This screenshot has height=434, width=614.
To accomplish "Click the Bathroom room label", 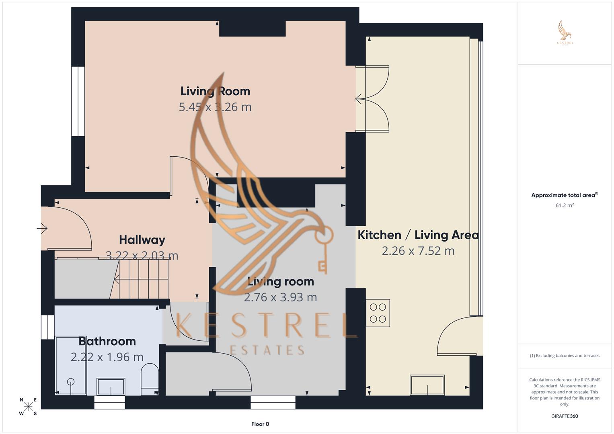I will (x=107, y=341).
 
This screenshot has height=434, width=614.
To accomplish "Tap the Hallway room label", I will (x=142, y=240).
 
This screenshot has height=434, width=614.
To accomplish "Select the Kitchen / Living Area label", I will (x=418, y=235).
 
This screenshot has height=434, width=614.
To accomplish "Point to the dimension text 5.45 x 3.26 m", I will (x=215, y=107).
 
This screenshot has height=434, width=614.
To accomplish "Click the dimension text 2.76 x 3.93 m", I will (x=280, y=297).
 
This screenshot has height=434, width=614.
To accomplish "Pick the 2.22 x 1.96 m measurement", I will (x=107, y=357).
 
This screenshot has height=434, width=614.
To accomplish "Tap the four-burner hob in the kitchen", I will (x=378, y=313).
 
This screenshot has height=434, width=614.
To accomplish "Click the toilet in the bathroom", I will (x=150, y=379).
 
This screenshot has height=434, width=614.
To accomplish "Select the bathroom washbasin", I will (x=111, y=387).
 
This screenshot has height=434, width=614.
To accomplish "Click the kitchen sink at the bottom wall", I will (x=427, y=385).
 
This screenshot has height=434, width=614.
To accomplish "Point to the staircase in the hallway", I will (x=141, y=279).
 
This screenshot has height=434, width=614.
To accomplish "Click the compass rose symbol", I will (x=28, y=406).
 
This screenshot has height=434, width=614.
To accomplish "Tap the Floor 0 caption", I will (x=260, y=424).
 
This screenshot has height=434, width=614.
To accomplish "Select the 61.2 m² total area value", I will (x=565, y=205).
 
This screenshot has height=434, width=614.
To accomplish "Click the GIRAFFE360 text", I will (x=565, y=416).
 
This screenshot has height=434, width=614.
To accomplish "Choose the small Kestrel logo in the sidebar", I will (x=565, y=33).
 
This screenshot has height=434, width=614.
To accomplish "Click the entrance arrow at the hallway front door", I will (x=42, y=229).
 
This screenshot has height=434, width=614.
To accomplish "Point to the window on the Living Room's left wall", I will (x=78, y=101).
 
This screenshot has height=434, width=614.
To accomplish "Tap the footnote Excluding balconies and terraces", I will (x=565, y=356).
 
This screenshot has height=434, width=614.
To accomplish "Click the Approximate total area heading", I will (x=564, y=195).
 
